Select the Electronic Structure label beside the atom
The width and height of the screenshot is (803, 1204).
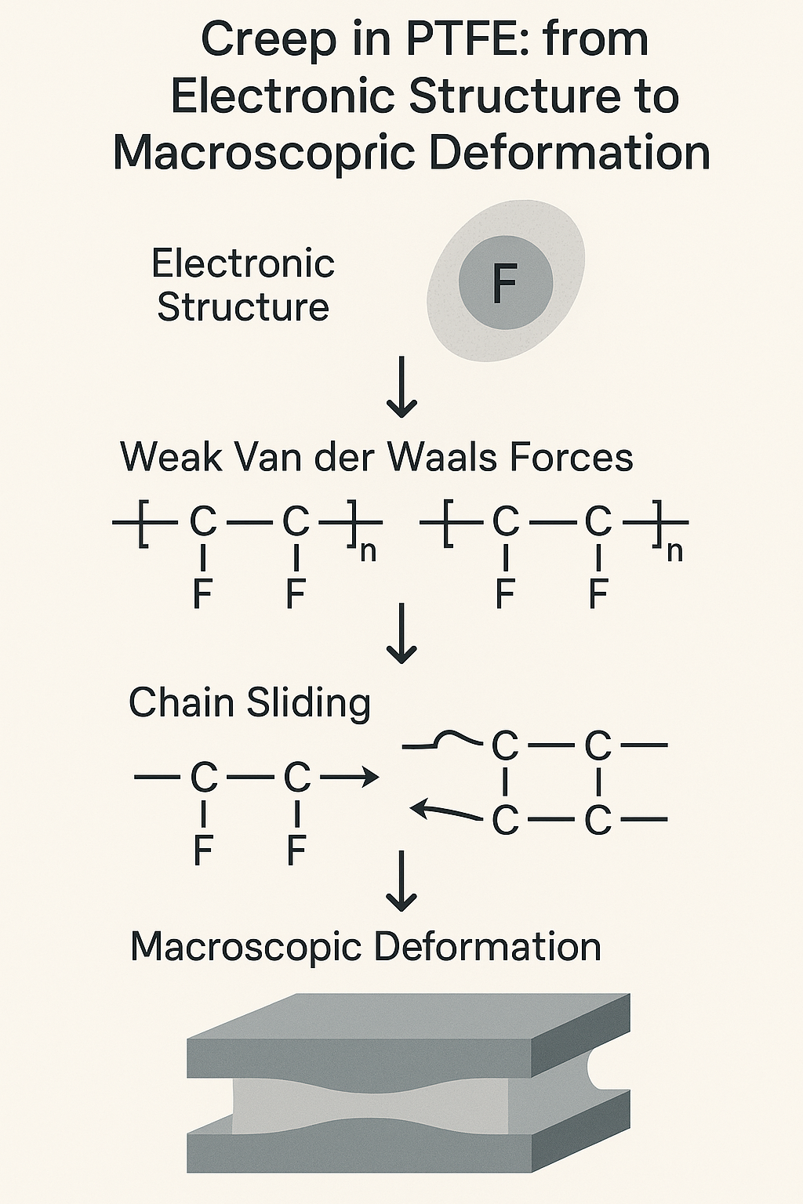coord(243,285)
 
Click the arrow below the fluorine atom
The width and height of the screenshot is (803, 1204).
coord(402,387)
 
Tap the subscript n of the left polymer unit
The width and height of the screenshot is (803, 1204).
coord(367,551)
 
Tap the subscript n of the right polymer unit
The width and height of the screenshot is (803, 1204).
coord(674,551)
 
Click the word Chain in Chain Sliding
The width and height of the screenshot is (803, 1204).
coord(183,702)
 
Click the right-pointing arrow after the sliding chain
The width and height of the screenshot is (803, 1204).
coord(351,778)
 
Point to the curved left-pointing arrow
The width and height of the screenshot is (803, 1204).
coord(445,811)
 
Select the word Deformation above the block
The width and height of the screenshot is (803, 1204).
coord(487,947)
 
